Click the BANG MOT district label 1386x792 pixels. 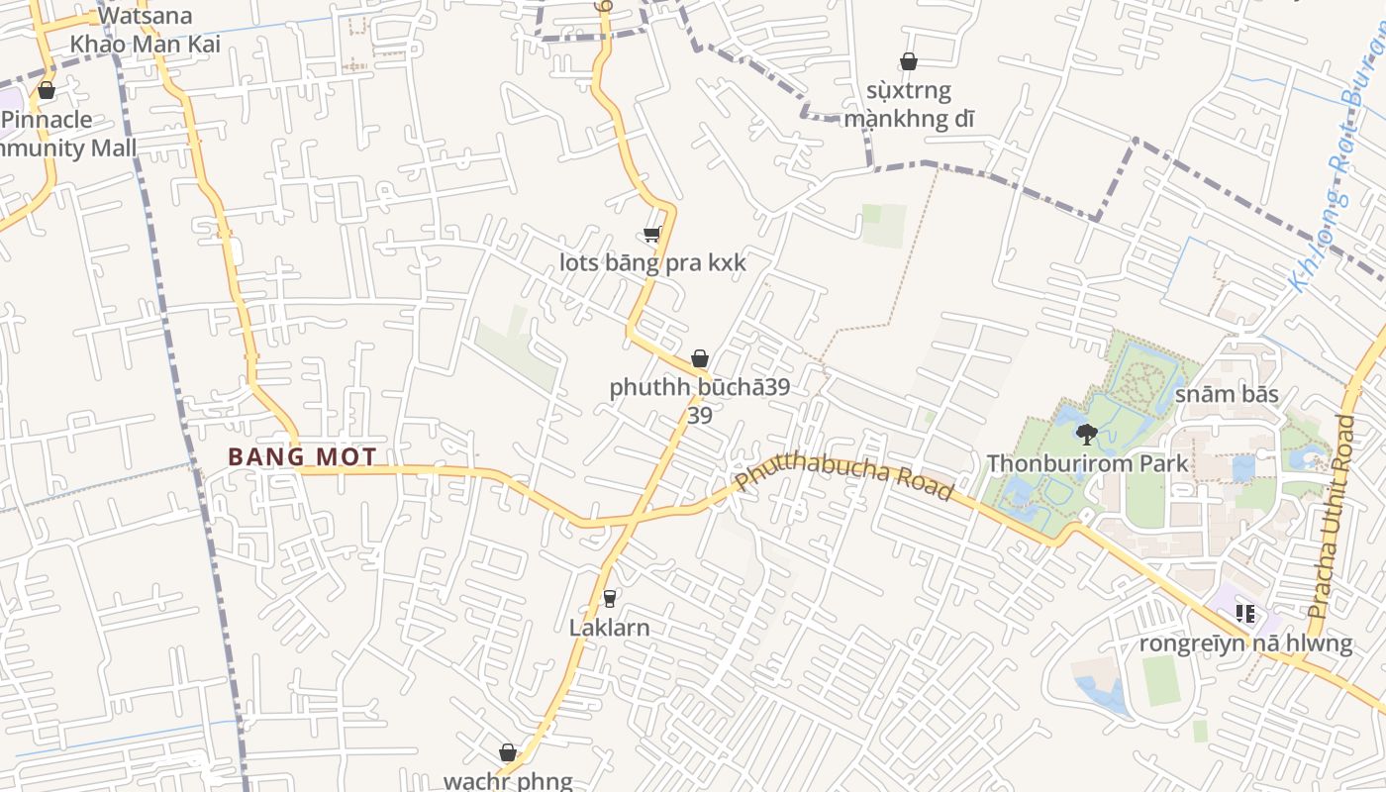[x=302, y=456]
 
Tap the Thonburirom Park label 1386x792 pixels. [x=1087, y=462]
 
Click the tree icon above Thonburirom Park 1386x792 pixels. [x=1087, y=434]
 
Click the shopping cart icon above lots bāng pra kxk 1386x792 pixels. [x=651, y=235]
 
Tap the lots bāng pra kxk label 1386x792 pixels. [x=652, y=263]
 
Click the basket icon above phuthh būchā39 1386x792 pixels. [x=700, y=358]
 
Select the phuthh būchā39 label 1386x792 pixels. [x=699, y=387]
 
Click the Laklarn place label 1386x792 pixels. [x=609, y=627]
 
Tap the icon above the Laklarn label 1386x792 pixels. [x=609, y=599]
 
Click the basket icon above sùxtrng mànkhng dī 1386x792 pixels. [x=909, y=62]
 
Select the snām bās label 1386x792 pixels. [x=1227, y=394]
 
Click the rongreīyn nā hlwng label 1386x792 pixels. [x=1245, y=643]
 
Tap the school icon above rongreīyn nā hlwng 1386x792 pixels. [x=1245, y=614]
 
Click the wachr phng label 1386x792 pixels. [x=508, y=780]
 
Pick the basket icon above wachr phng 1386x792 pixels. [x=508, y=752]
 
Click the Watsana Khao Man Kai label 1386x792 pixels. [x=145, y=30]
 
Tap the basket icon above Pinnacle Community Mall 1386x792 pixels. [x=46, y=91]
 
